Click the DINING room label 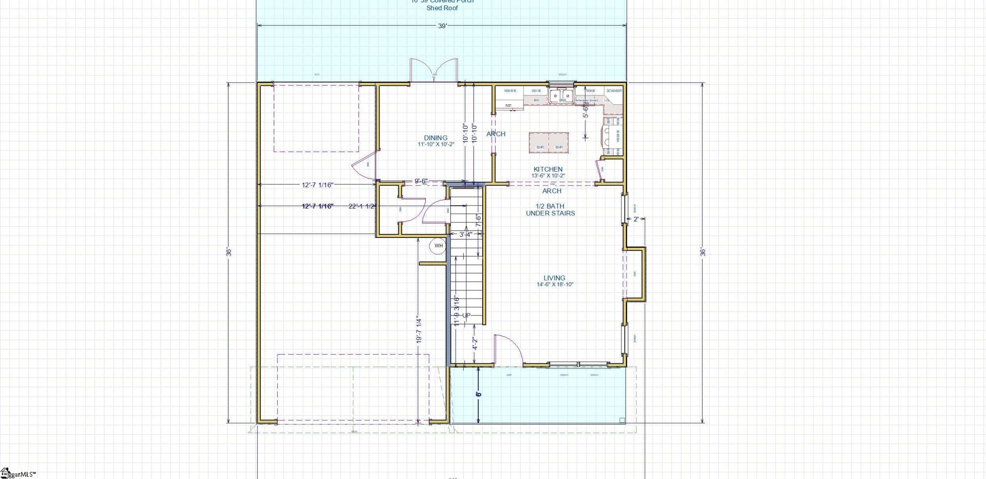[x=435, y=138]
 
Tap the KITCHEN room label [x=548, y=169]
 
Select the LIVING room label [x=555, y=278]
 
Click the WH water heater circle [x=439, y=246]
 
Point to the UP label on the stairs [x=466, y=316]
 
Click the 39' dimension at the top [x=442, y=26]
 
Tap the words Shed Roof [x=442, y=8]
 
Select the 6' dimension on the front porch [x=479, y=394]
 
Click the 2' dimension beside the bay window [x=636, y=219]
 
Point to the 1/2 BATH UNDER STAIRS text [x=551, y=210]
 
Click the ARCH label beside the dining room [x=496, y=134]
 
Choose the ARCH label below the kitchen [x=552, y=191]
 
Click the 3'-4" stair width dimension [x=466, y=235]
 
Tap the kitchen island [x=549, y=142]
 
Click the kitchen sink [x=561, y=96]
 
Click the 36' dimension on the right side [x=703, y=252]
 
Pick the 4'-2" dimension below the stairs [x=476, y=343]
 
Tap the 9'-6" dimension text [x=421, y=181]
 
